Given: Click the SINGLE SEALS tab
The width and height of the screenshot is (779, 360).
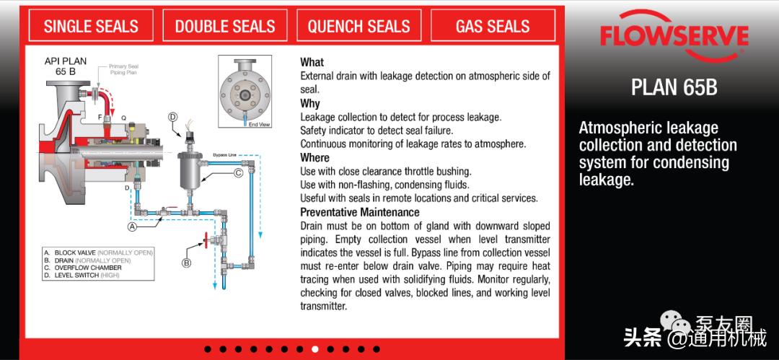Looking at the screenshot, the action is pyautogui.click(x=91, y=25).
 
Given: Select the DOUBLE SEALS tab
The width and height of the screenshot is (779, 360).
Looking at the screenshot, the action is pyautogui.click(x=225, y=25).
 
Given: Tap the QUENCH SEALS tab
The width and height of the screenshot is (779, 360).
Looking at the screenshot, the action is pyautogui.click(x=358, y=25).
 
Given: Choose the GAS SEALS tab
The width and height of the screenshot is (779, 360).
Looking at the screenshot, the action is pyautogui.click(x=493, y=25).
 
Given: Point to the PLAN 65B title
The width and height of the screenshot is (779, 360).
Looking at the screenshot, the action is pyautogui.click(x=674, y=87).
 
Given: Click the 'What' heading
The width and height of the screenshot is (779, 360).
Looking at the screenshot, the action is pyautogui.click(x=312, y=62).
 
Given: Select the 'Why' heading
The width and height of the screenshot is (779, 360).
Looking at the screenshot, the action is pyautogui.click(x=310, y=103).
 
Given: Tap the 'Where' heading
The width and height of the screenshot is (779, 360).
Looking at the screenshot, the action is pyautogui.click(x=314, y=157).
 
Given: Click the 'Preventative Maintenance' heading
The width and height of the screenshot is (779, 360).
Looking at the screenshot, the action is pyautogui.click(x=360, y=212).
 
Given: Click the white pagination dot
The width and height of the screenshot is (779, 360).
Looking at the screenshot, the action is pyautogui.click(x=314, y=349).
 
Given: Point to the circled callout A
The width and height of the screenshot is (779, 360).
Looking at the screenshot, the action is pyautogui.click(x=132, y=227).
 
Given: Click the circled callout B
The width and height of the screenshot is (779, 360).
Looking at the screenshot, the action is pyautogui.click(x=186, y=263).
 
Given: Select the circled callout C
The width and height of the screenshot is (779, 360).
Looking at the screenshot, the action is pyautogui.click(x=238, y=173).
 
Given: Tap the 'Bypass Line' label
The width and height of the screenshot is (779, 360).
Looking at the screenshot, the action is pyautogui.click(x=224, y=155).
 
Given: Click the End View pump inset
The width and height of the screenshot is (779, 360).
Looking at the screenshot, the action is pyautogui.click(x=245, y=91).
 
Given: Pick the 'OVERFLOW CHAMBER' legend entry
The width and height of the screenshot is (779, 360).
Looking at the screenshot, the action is pyautogui.click(x=88, y=268).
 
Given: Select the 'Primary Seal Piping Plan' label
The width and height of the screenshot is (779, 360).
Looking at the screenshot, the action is pyautogui.click(x=123, y=69).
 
